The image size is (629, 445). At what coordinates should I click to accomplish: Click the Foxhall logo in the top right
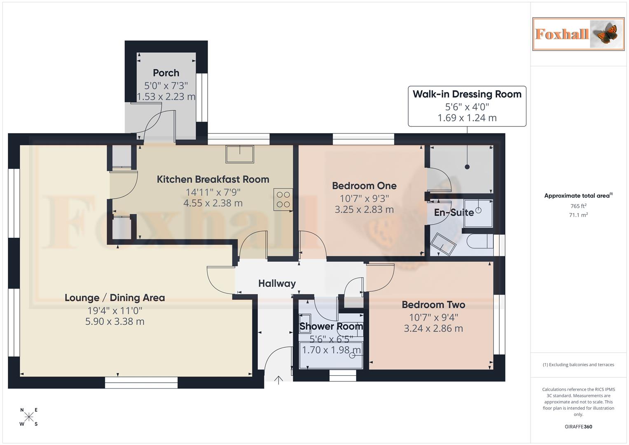[x=578, y=34]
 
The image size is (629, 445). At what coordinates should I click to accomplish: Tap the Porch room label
[x=166, y=73]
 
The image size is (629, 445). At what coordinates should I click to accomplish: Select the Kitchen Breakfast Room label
[x=213, y=179]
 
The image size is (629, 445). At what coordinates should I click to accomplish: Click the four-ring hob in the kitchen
[x=283, y=199]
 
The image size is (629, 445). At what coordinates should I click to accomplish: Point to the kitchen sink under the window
[x=240, y=154]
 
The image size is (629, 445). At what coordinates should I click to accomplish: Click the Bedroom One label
[x=364, y=186]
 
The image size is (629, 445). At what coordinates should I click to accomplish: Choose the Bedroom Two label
[x=433, y=304]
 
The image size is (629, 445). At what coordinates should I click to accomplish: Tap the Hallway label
[x=277, y=283]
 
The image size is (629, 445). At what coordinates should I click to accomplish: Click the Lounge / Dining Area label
[x=115, y=297]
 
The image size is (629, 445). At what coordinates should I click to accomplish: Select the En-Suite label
[x=454, y=213]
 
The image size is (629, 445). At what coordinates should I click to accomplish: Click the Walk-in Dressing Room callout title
[x=467, y=94]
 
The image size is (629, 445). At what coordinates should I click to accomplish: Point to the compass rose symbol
[x=29, y=417]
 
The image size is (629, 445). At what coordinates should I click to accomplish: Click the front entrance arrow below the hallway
[x=278, y=380]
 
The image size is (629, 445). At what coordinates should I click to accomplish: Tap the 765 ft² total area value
[x=578, y=206]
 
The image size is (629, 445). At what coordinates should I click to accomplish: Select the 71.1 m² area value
[x=578, y=215]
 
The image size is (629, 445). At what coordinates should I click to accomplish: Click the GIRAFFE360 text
[x=578, y=426]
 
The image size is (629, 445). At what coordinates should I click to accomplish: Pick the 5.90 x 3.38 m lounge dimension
[x=115, y=321]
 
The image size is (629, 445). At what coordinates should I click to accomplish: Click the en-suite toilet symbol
[x=479, y=241]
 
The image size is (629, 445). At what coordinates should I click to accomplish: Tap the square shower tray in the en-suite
[x=478, y=213]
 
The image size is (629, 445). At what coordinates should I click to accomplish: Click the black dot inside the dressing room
[x=467, y=167]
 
